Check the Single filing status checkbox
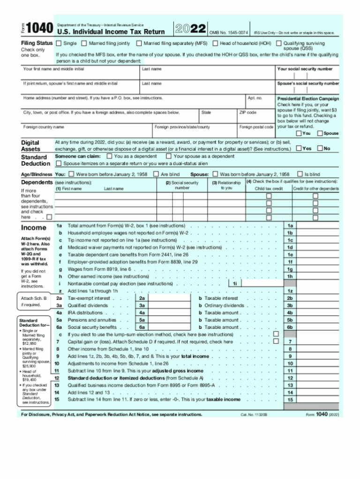(x=59, y=43)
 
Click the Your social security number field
(x=307, y=76)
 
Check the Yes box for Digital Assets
(x=299, y=149)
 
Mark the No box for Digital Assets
(x=320, y=149)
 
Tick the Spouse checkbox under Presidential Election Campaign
(x=320, y=133)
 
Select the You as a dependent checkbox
(x=109, y=156)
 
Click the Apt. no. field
(x=260, y=105)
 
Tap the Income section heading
(x=34, y=228)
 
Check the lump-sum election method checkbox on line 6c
(x=276, y=335)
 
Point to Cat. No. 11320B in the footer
(x=254, y=415)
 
